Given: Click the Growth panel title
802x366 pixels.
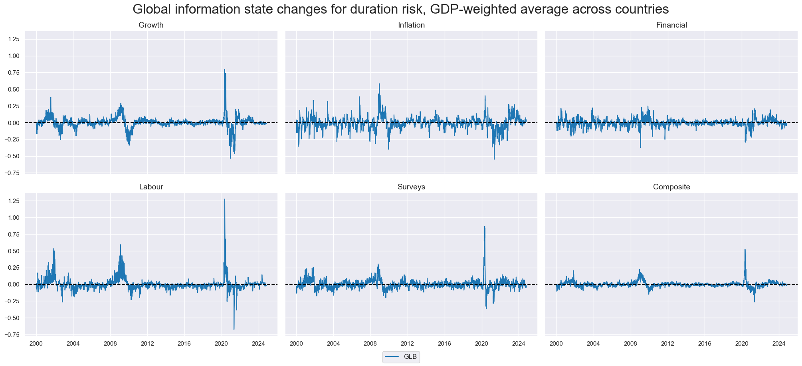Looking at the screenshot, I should tap(151, 25).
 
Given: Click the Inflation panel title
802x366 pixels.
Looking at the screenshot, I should tap(411, 25).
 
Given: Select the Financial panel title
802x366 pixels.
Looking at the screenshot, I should tap(671, 25).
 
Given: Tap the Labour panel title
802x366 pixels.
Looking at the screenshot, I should tap(151, 187).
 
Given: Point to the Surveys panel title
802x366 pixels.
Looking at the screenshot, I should tap(411, 187).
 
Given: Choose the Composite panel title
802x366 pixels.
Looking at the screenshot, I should tap(671, 187).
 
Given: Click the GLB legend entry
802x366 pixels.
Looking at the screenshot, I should tap(401, 357).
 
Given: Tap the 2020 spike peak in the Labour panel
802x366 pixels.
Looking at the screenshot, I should tap(224, 199).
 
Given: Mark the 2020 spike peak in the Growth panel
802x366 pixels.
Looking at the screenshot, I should tap(224, 70).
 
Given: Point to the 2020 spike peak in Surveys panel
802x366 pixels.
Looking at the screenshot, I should tap(485, 227).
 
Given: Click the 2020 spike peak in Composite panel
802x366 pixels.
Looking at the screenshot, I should tap(745, 250).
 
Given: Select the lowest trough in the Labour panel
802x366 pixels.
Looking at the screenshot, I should tap(234, 329).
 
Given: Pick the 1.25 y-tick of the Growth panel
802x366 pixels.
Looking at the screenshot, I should tap(15, 39).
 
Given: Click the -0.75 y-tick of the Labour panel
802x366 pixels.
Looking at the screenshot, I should tap(14, 335).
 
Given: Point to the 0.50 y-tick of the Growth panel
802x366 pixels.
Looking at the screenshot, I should tap(15, 90).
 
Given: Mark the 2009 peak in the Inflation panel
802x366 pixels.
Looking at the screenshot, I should tap(379, 84).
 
